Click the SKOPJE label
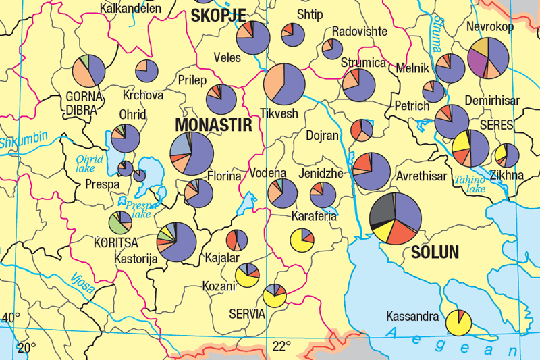pos(218,15)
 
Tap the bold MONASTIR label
pos(213,126)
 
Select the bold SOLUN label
pos(435,253)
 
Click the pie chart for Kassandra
pos(458,322)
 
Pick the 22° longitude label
pos(281,346)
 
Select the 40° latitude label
pos(11,317)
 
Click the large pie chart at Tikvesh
pos(284,84)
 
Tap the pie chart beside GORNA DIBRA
pos(88,71)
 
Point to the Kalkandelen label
pos(130,8)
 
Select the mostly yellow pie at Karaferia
pos(301,240)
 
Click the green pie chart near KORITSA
pos(119,223)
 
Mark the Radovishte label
pos(360,32)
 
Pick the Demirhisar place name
pos(492,101)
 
